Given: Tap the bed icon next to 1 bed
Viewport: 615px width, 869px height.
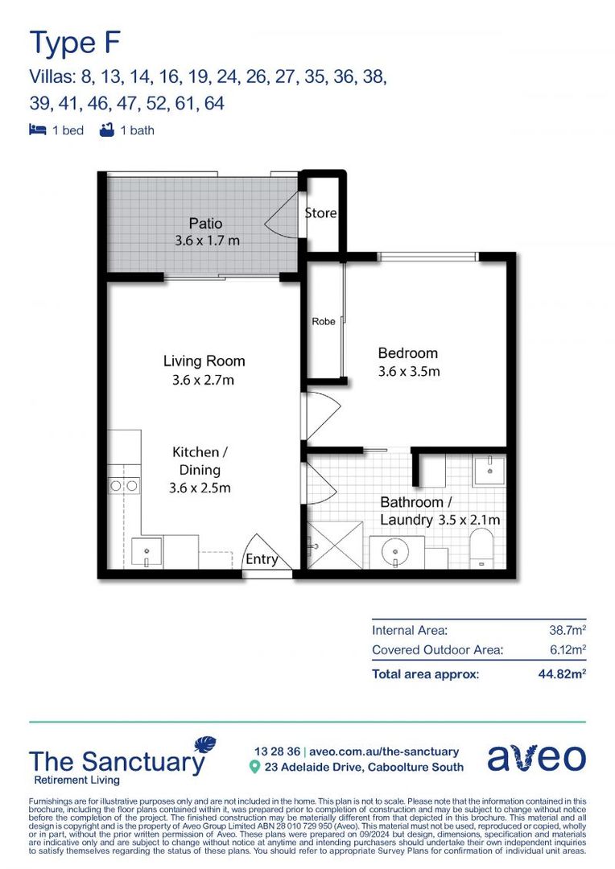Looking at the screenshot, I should click(37, 130).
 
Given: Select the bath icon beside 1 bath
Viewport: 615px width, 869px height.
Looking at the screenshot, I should click(106, 130).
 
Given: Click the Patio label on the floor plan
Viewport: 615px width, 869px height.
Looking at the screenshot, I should click(205, 223).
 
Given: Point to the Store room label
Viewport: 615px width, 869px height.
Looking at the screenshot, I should click(320, 213).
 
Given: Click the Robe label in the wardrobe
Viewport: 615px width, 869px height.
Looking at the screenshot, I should click(324, 322).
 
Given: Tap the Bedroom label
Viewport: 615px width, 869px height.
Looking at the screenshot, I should click(408, 353).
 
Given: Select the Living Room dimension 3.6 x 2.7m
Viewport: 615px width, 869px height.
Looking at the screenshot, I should click(204, 380).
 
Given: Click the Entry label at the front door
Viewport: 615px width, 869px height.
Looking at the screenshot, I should click(262, 560).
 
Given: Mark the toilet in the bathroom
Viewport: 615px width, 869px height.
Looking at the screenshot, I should click(485, 546).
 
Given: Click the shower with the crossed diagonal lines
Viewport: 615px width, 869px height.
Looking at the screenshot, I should click(333, 546).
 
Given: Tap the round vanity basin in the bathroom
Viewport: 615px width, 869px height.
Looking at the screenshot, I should click(396, 552).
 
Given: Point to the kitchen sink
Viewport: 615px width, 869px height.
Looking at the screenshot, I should click(147, 552).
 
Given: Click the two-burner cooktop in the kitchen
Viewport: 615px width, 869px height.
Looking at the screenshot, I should click(124, 485).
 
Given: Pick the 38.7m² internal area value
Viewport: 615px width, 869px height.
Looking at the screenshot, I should click(567, 631).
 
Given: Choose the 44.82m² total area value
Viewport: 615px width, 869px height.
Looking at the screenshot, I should click(561, 674).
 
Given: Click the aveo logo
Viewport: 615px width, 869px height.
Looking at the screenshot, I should click(536, 758).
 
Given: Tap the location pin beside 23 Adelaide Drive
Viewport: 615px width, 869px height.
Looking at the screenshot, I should click(254, 768).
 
